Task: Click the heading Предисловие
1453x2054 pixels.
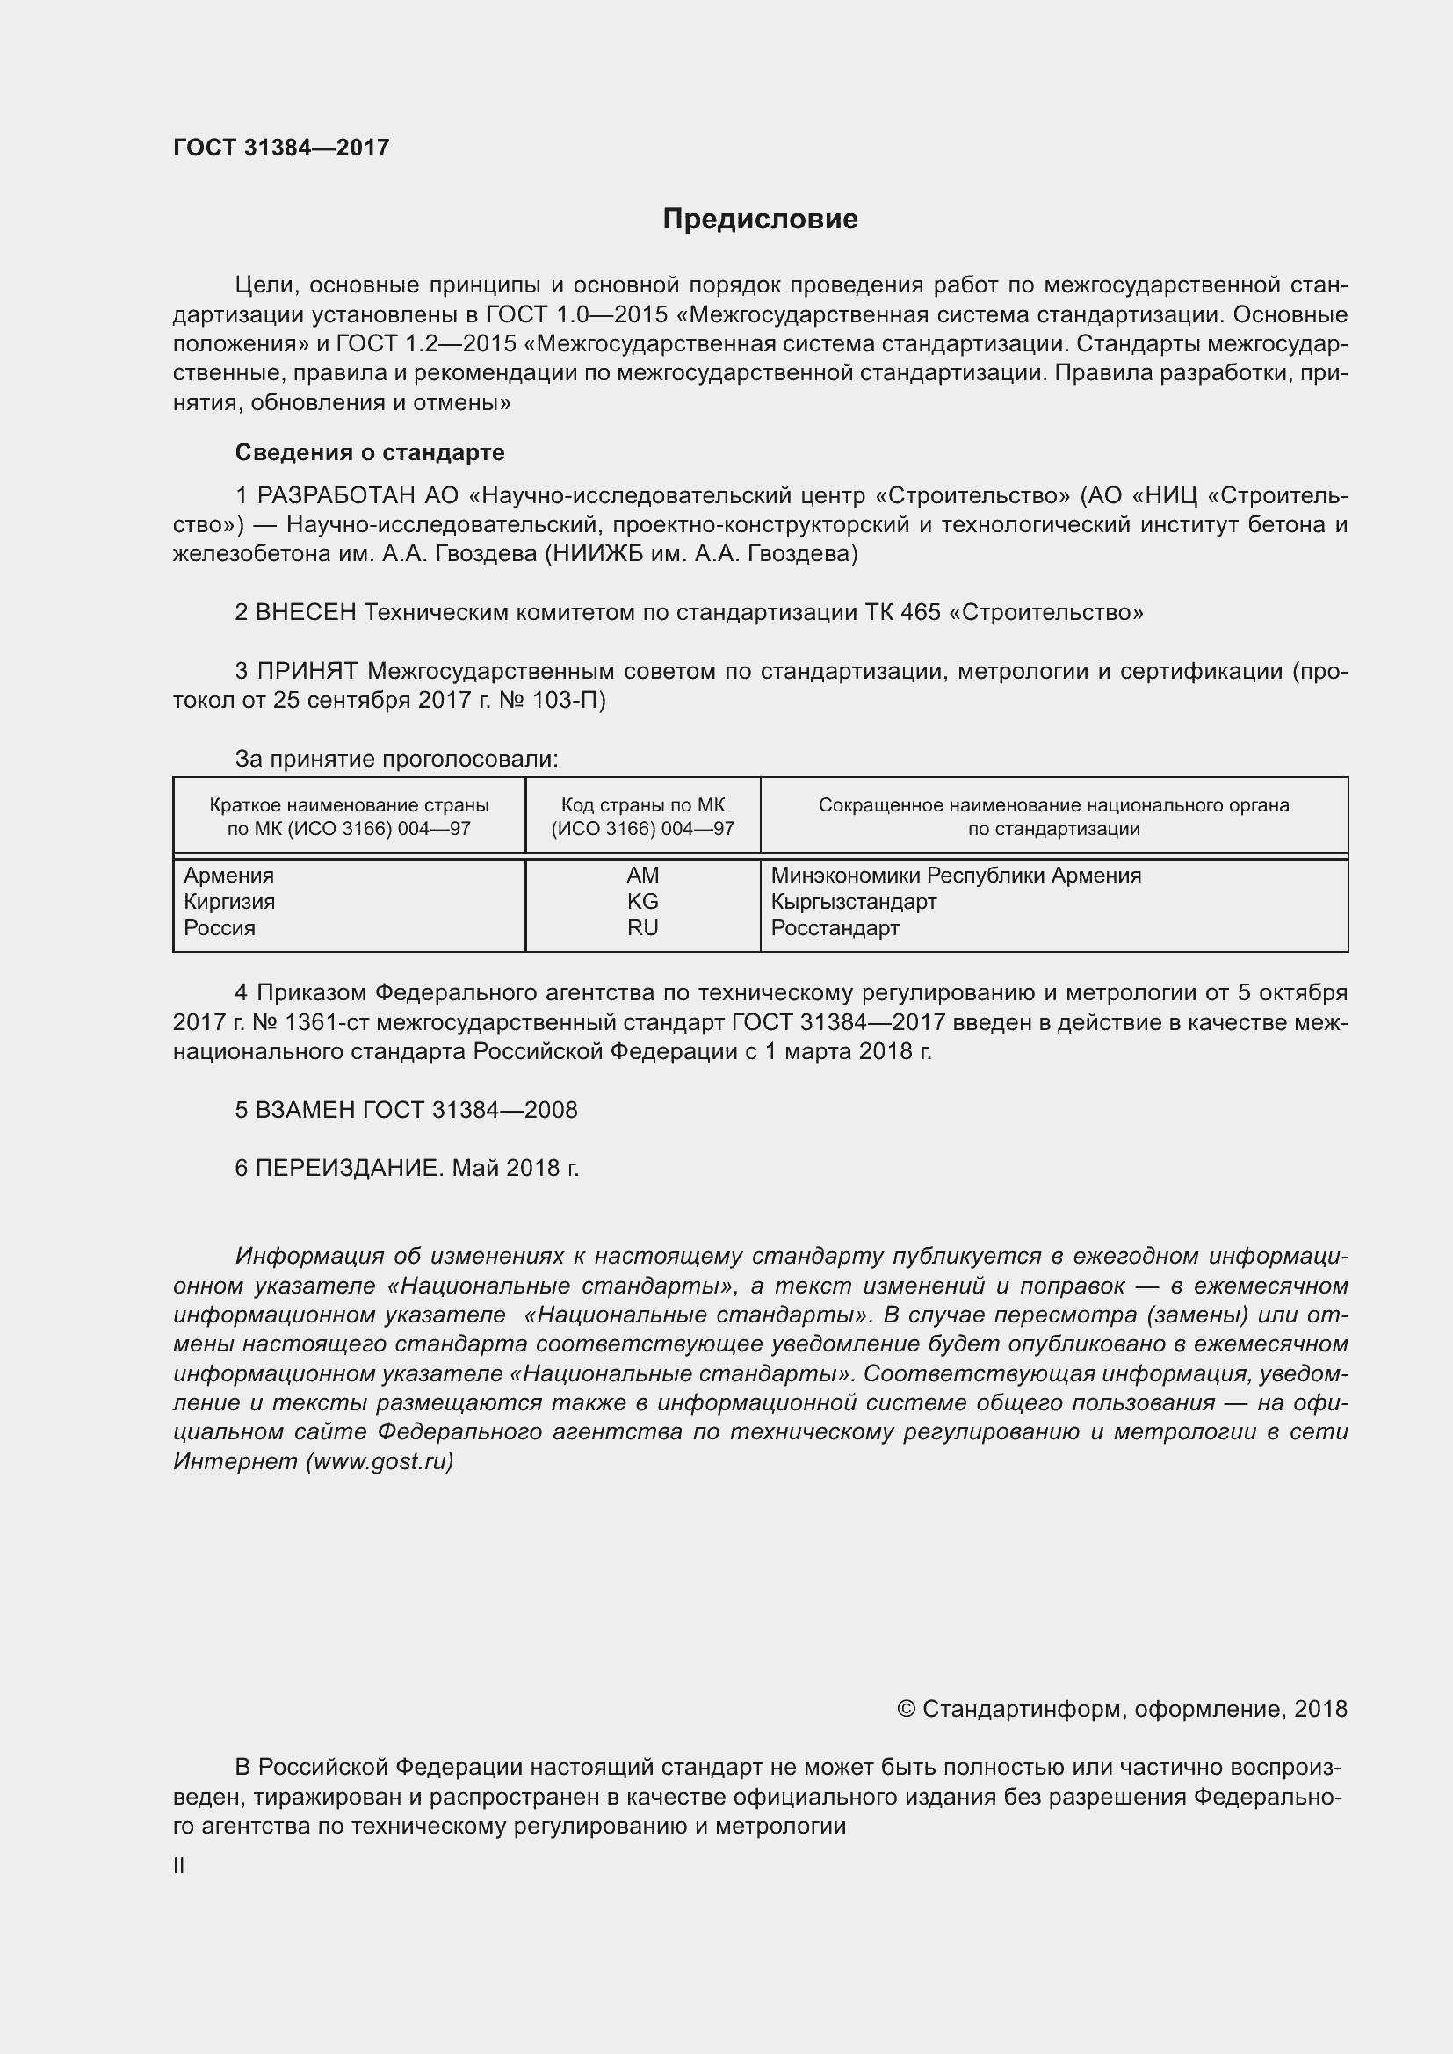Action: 760,220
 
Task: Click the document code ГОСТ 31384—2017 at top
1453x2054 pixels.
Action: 281,148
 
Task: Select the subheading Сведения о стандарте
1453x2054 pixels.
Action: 370,452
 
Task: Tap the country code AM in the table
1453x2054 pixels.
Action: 642,875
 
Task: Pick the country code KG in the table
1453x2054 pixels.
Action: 642,901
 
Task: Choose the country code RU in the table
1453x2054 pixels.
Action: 642,927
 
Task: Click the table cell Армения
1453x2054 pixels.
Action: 229,875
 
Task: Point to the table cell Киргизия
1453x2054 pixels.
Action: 229,901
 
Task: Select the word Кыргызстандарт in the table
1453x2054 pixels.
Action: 854,901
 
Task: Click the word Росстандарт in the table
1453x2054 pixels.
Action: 835,927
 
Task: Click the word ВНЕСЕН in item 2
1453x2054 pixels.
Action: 306,613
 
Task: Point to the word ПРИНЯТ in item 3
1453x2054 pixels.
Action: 307,671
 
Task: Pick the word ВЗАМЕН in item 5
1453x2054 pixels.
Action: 306,1110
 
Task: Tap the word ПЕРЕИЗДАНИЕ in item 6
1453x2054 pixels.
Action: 349,1168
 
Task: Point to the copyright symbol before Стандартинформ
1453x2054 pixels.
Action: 906,1710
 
